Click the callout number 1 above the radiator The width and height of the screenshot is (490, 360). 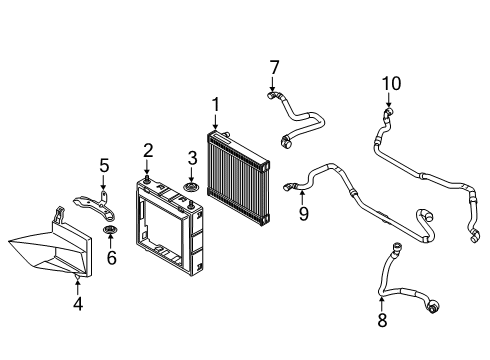point(216,104)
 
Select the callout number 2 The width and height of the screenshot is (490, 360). point(148,151)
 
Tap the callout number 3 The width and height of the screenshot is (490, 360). point(192,158)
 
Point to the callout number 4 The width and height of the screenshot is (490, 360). point(78,304)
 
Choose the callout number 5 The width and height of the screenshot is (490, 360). point(104,165)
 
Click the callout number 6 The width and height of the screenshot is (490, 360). point(111,258)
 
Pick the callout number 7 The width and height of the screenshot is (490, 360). point(274,68)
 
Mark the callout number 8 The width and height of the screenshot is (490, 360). point(382,320)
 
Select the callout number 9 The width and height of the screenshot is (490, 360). point(303,214)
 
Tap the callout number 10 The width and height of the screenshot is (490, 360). point(391,83)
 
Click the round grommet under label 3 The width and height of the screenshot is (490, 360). point(191,187)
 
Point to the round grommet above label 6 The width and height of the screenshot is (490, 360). point(109,230)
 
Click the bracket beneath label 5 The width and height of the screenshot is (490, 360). point(95,207)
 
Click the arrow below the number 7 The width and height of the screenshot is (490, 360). point(273,84)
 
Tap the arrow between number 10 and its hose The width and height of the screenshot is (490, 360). point(389,100)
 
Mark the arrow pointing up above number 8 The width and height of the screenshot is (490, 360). point(382,304)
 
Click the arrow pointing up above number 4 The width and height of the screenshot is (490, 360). point(77,287)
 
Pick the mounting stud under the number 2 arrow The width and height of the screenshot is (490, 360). point(146,180)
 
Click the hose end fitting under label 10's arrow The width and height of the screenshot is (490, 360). point(388,112)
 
